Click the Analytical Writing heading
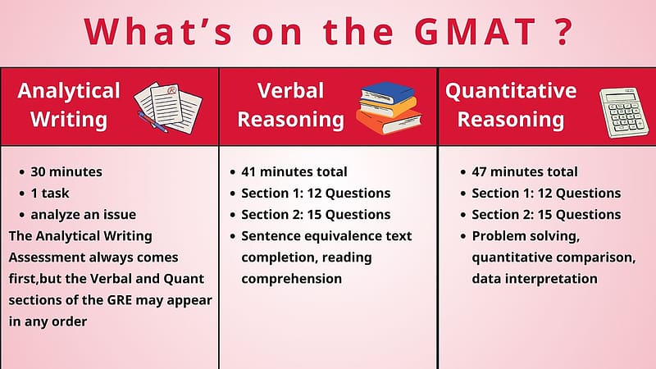click(69, 105)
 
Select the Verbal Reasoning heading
click(291, 105)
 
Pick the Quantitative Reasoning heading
click(511, 105)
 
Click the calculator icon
click(623, 112)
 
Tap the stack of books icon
click(389, 107)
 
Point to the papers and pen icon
click(168, 107)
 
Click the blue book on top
click(387, 93)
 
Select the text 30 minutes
click(66, 171)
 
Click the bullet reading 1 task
click(50, 193)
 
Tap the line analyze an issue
click(84, 215)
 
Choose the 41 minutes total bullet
click(294, 171)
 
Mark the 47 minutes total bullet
click(525, 171)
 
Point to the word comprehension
click(292, 279)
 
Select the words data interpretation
click(535, 279)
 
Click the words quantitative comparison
click(553, 257)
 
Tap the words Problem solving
click(526, 236)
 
